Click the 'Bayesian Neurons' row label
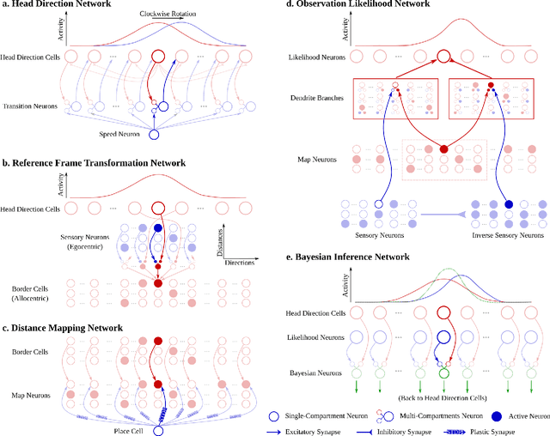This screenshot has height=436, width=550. click(x=309, y=373)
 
